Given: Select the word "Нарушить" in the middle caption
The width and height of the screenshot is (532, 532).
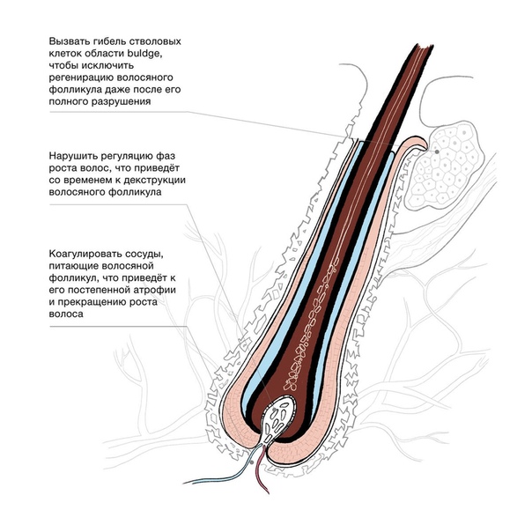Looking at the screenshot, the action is [x=72, y=157].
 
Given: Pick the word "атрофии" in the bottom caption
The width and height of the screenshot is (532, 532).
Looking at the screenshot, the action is [x=156, y=290].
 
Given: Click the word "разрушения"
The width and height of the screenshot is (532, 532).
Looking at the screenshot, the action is [x=122, y=102].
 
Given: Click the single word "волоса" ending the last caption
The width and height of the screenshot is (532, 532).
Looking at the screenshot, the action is [x=66, y=314].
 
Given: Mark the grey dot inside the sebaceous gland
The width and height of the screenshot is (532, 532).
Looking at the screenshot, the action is [x=437, y=151].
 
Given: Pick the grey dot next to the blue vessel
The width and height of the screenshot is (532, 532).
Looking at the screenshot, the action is [x=251, y=462].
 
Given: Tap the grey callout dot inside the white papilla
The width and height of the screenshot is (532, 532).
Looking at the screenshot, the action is [x=274, y=410].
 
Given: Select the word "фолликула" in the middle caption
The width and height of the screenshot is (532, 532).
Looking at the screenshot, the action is [x=135, y=192].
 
